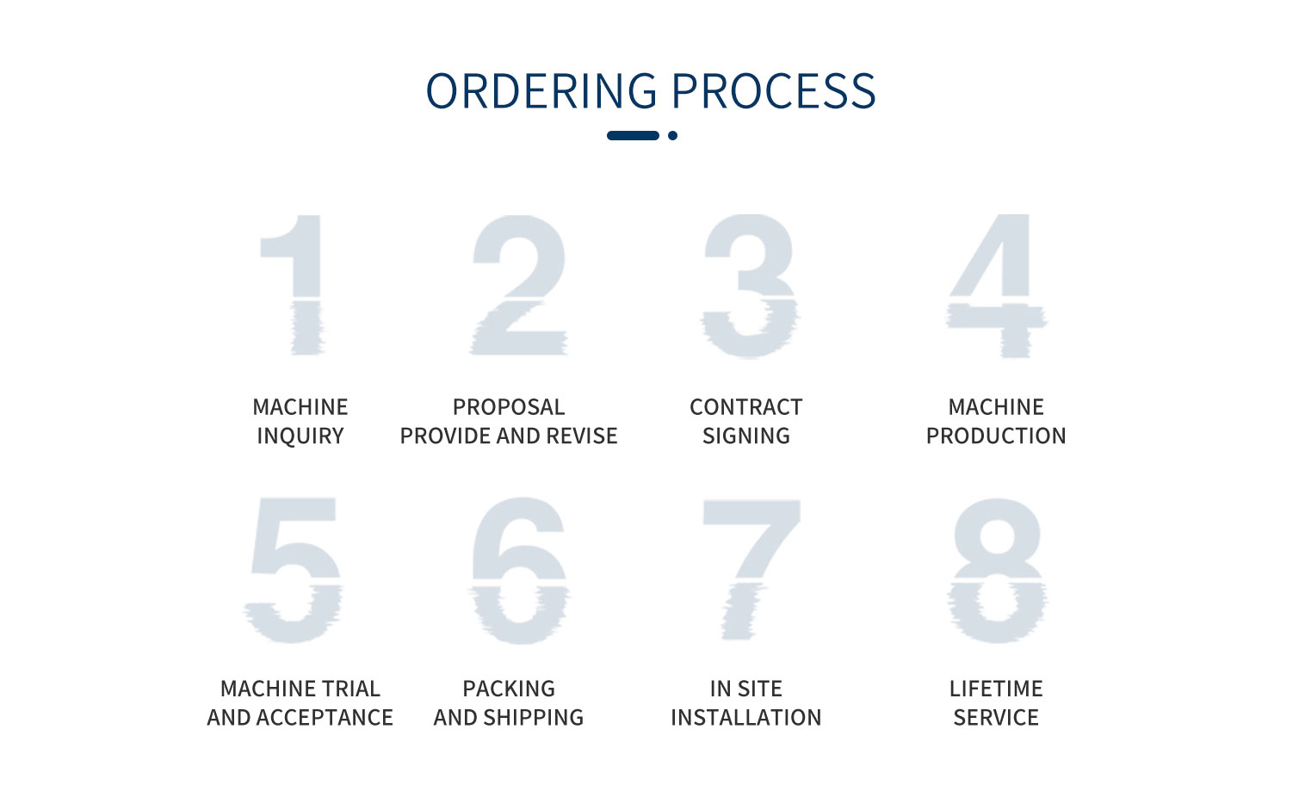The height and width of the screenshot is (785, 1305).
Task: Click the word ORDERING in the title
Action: click(x=541, y=91)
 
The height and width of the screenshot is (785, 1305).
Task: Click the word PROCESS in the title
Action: click(x=774, y=91)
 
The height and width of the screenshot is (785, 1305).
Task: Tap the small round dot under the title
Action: click(x=673, y=136)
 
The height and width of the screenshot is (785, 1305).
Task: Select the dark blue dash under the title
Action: click(x=633, y=136)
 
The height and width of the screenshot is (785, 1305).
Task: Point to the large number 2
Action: click(x=519, y=285)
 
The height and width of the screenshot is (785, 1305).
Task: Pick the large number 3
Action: click(x=750, y=286)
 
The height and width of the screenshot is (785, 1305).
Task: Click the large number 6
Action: click(x=519, y=570)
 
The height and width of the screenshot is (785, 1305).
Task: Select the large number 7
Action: click(x=751, y=569)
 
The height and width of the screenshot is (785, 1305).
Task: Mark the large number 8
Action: click(x=997, y=570)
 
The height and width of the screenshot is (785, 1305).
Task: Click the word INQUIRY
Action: click(x=300, y=436)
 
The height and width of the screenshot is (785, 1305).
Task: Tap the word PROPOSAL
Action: click(x=509, y=407)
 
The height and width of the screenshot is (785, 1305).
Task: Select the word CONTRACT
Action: click(x=746, y=407)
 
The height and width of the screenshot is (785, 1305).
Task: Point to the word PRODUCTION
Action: click(x=996, y=436)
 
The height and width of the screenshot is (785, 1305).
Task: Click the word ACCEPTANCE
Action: click(x=325, y=718)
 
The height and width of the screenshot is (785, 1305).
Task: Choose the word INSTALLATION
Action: click(x=746, y=718)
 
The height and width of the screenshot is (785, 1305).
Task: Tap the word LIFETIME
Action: click(x=996, y=689)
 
